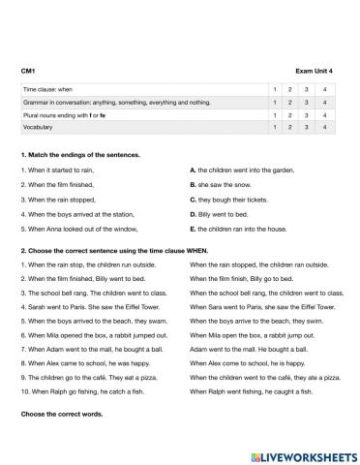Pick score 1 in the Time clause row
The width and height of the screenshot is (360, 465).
click(x=277, y=89)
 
